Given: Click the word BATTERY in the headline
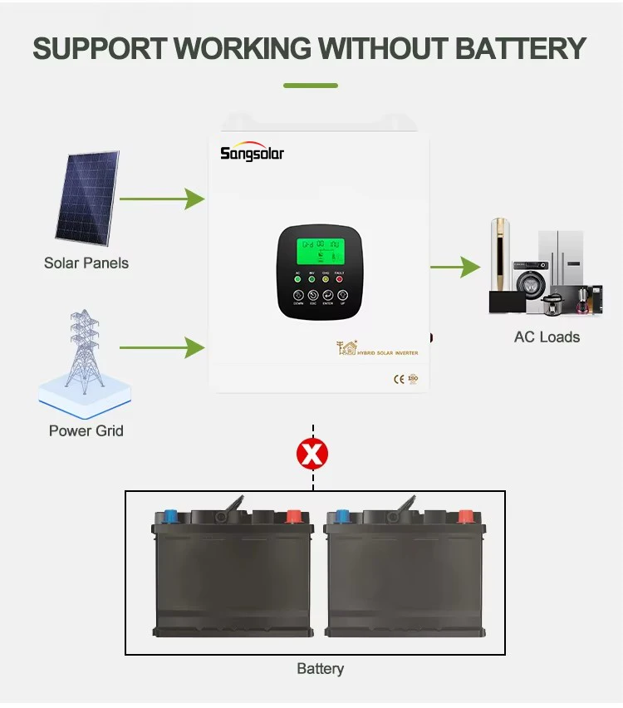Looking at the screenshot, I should [521, 48].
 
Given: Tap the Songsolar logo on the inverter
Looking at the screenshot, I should [252, 153].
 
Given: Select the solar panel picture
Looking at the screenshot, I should [87, 199].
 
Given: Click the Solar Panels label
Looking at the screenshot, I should [86, 263].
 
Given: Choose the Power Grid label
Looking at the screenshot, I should [86, 430].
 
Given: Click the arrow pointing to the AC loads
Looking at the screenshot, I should [456, 268].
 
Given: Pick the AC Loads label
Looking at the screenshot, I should [547, 337].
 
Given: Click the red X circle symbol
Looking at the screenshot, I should [312, 454].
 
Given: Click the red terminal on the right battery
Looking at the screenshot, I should [465, 515].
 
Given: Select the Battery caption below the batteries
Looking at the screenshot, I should [320, 669].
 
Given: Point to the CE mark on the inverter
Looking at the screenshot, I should [398, 379].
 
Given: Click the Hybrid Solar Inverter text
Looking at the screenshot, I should [387, 353].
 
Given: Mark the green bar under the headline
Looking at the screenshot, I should [311, 86].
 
